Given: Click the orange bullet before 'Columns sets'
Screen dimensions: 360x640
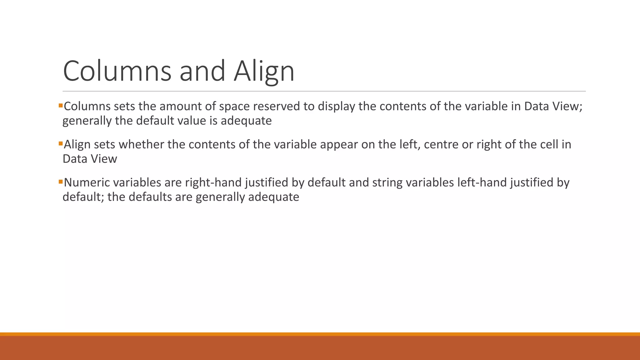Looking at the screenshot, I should click(x=61, y=106).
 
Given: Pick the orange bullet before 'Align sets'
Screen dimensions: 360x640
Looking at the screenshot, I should click(x=61, y=144).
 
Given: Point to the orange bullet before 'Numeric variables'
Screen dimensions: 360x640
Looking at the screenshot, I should click(x=61, y=182).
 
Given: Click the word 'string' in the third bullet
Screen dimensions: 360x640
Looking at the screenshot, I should click(x=387, y=182).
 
